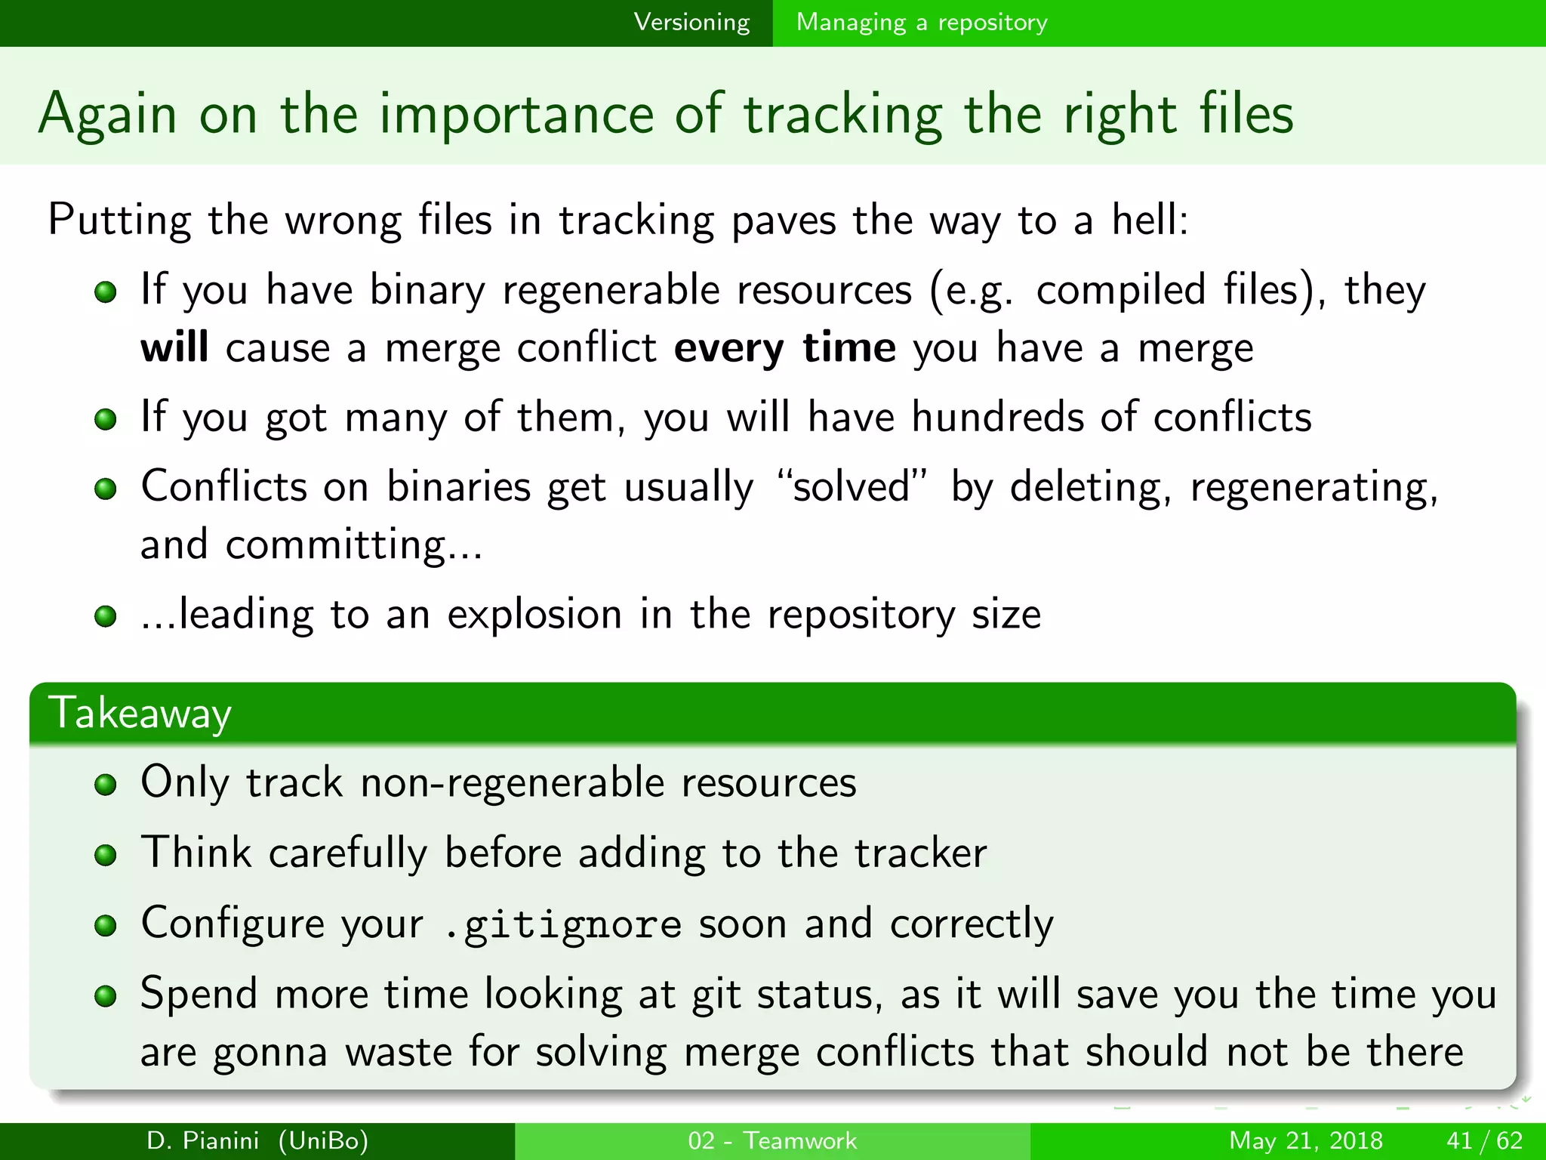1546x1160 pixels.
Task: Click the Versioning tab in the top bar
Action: point(691,23)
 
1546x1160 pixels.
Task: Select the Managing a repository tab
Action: point(922,23)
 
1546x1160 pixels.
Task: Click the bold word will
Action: point(174,348)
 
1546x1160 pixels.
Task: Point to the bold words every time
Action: point(785,349)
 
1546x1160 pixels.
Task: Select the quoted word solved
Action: point(852,486)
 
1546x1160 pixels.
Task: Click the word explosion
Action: point(534,614)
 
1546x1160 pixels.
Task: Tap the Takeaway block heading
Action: point(140,714)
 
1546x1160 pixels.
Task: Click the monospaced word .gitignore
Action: point(563,924)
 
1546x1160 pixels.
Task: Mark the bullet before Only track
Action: point(106,785)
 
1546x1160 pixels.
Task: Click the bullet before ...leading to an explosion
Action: point(106,616)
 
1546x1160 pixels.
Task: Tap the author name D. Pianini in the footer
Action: point(203,1140)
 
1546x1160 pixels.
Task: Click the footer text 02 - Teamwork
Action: point(772,1140)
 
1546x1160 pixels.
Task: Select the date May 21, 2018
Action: point(1305,1140)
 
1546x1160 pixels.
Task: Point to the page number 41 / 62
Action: point(1484,1140)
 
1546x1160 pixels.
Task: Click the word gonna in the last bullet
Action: point(269,1053)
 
